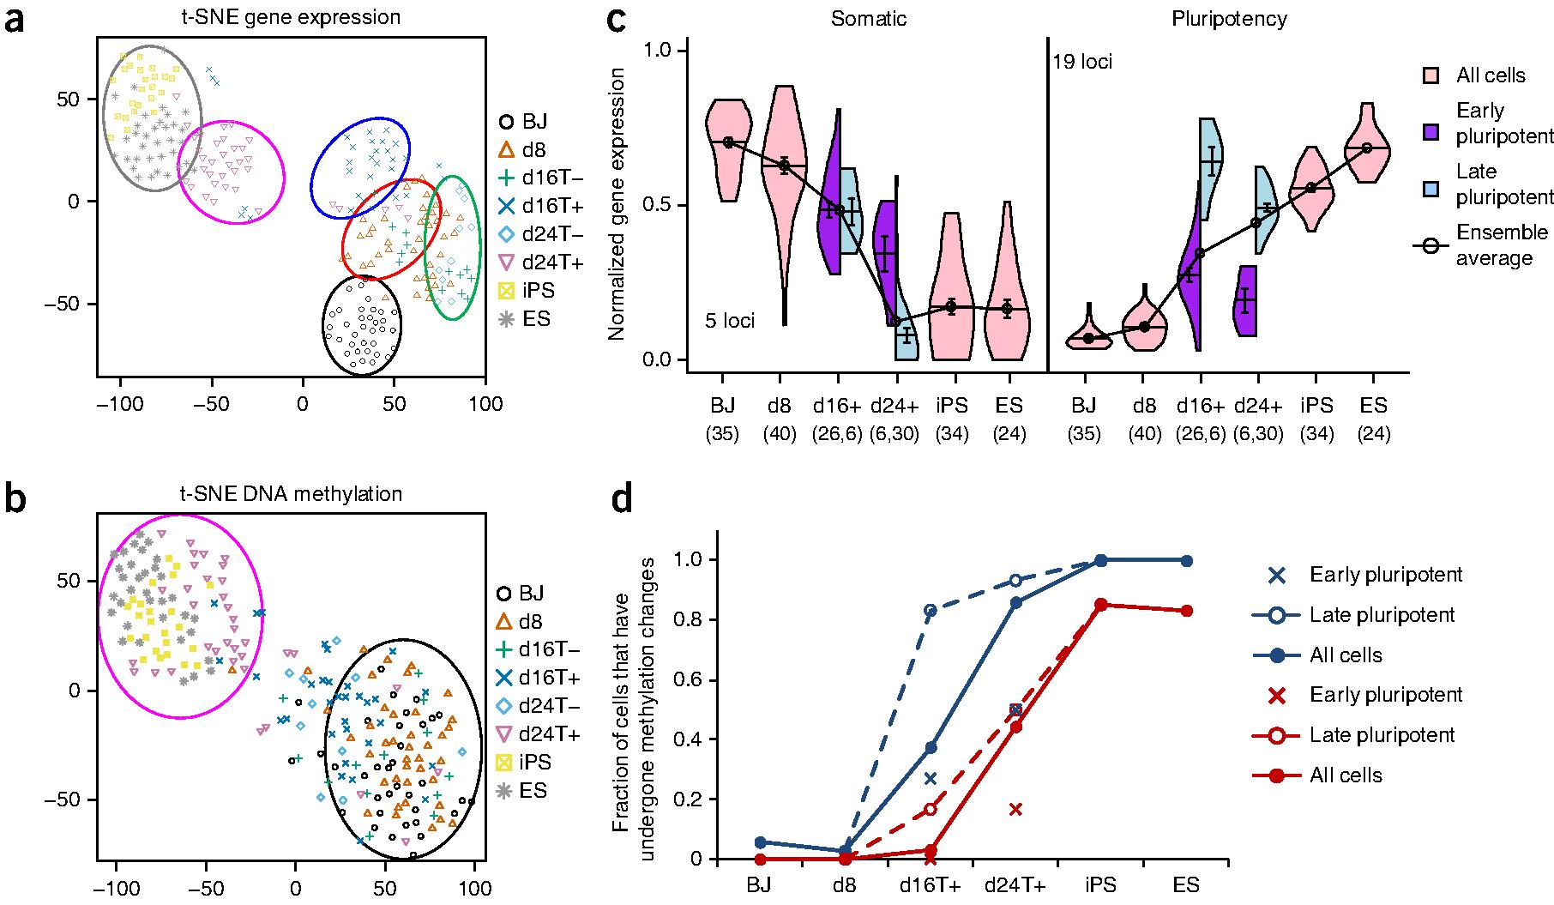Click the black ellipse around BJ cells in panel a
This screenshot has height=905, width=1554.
pos(361,325)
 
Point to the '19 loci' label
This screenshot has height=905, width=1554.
pos(1082,62)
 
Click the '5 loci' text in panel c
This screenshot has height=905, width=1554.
pos(730,322)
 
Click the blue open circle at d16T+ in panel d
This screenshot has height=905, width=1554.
pos(930,610)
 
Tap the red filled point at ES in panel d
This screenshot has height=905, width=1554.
pos(1187,611)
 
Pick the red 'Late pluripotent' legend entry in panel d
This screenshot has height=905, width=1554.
pos(1382,735)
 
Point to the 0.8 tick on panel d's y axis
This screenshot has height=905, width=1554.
pos(689,620)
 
